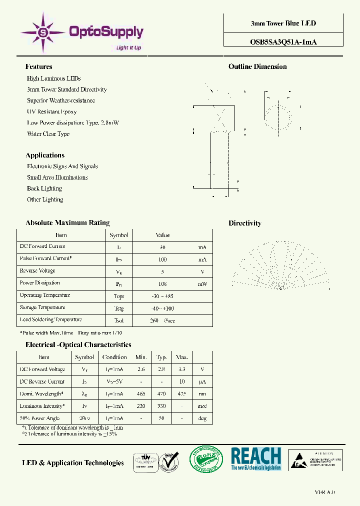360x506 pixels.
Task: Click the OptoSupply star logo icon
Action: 42,33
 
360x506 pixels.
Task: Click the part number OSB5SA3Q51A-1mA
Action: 283,42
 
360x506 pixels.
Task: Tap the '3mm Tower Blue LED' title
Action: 283,23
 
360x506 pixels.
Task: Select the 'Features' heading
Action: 38,66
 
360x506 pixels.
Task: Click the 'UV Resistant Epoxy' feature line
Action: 51,111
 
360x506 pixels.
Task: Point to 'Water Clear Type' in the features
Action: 48,134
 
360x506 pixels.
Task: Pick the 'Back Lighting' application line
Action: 44,188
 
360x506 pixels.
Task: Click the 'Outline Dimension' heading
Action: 257,66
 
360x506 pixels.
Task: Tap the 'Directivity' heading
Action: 244,223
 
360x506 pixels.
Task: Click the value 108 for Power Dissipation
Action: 162,283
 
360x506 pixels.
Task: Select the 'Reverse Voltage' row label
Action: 37,270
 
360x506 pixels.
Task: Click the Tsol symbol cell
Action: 118,320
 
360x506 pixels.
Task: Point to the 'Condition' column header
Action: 114,357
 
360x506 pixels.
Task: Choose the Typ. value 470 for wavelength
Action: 161,394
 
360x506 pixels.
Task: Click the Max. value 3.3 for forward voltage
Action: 181,369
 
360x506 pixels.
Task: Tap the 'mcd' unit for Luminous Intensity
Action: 202,406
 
